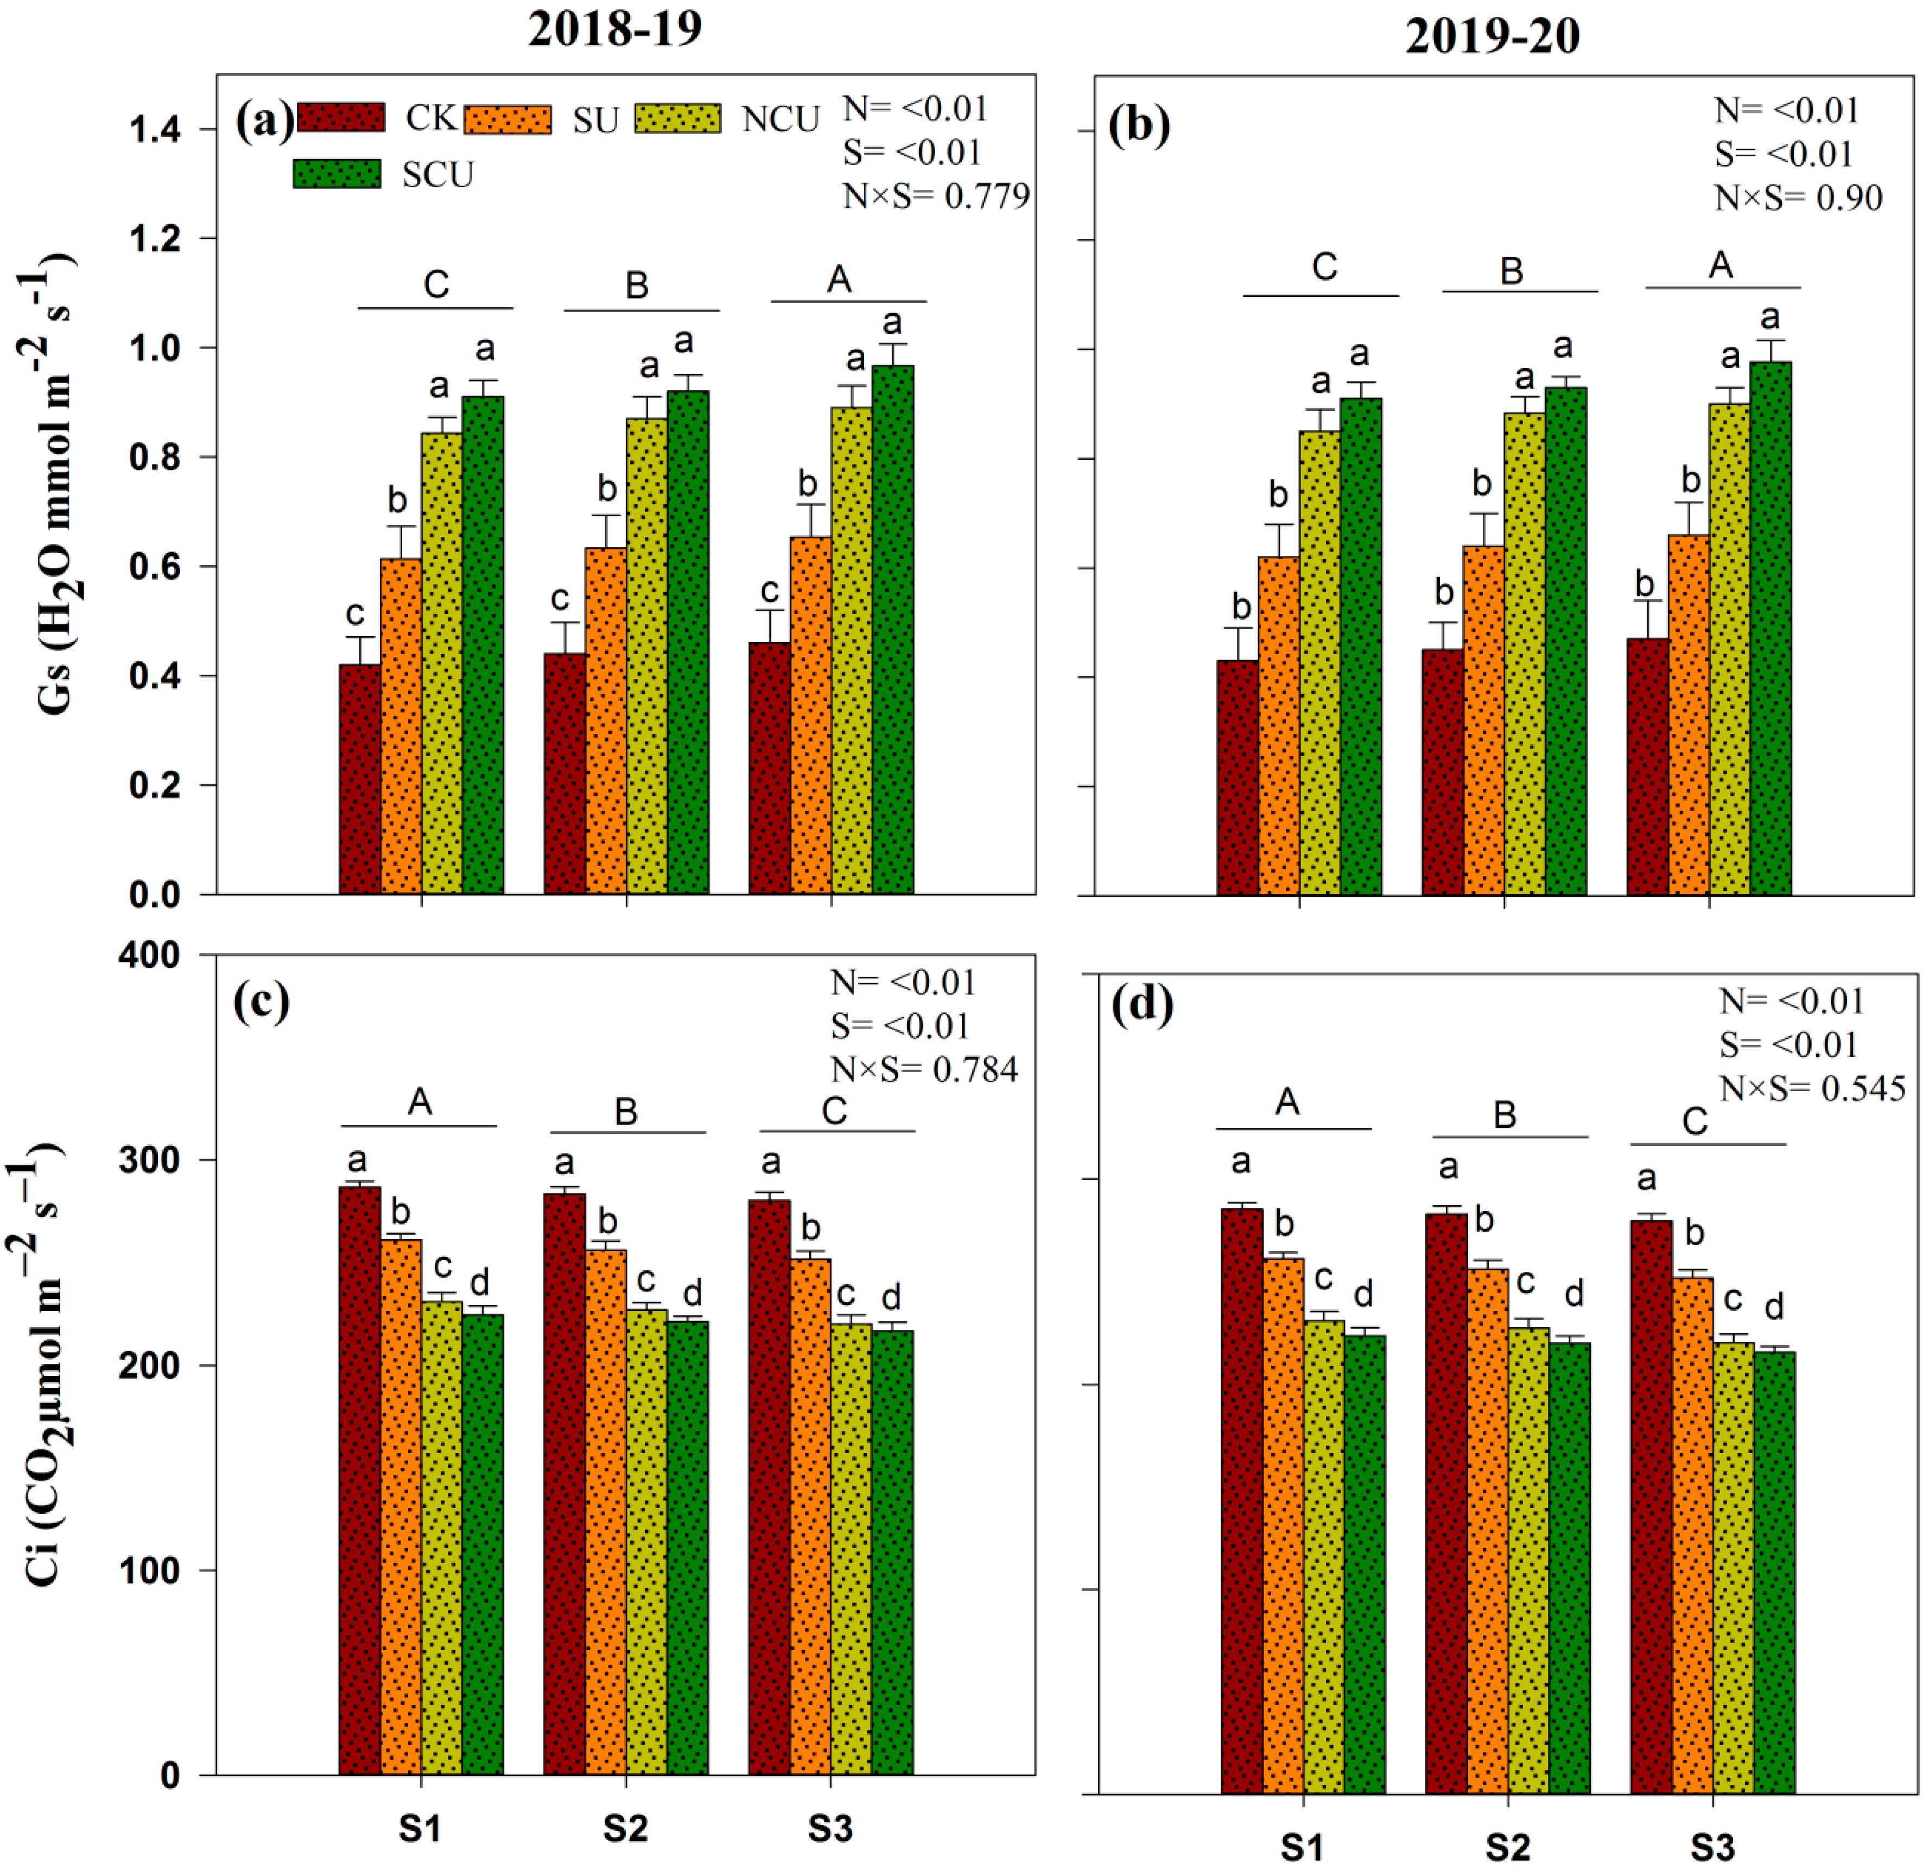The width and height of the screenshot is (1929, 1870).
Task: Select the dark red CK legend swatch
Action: [x=340, y=117]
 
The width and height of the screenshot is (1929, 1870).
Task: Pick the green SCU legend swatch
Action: [x=337, y=174]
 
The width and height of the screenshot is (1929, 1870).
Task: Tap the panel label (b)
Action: [x=1139, y=125]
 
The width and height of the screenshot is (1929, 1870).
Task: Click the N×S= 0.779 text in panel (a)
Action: [x=935, y=196]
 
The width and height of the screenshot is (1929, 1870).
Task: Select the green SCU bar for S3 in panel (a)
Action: [x=893, y=630]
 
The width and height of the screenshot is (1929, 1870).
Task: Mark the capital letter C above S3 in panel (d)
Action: [x=1695, y=1121]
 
